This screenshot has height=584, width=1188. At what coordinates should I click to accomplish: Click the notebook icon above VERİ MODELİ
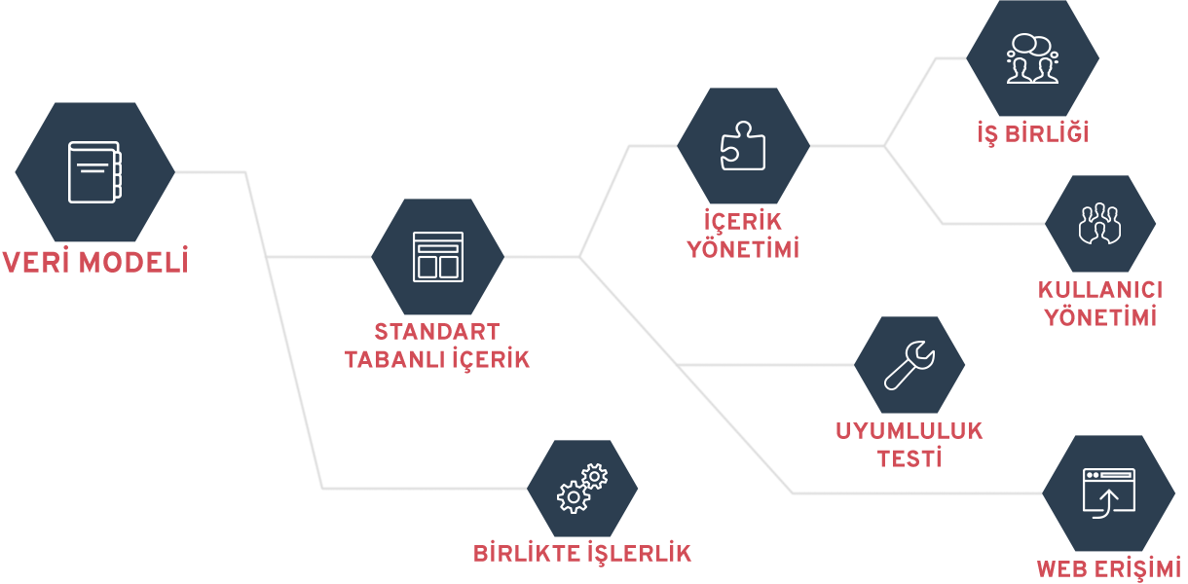(94, 172)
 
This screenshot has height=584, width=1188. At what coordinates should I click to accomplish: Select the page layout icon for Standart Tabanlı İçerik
(438, 257)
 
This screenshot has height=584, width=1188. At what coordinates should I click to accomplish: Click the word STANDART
(437, 332)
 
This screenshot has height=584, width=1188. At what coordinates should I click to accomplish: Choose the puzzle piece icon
(743, 146)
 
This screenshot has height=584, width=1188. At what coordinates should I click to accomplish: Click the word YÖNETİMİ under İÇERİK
(743, 248)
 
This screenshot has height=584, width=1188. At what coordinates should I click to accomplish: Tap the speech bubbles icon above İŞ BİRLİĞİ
(1032, 58)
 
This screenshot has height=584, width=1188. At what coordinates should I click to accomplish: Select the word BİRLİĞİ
(1048, 132)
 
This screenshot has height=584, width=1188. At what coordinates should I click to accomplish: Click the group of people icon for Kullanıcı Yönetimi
(1100, 224)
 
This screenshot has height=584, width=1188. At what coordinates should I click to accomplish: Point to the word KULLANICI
(1100, 290)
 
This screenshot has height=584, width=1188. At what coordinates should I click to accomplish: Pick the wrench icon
(910, 365)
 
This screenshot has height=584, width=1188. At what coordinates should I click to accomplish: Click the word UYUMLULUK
(910, 431)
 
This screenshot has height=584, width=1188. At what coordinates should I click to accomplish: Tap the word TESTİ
(910, 457)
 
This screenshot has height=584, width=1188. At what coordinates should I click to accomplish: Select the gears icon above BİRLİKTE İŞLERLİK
(582, 488)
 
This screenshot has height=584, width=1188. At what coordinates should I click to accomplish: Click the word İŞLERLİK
(639, 553)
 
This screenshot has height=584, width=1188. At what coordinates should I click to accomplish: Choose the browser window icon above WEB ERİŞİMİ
(1109, 493)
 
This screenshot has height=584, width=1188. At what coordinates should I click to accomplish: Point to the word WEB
(1060, 569)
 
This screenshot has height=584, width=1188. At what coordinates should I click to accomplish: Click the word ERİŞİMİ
(1136, 568)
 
